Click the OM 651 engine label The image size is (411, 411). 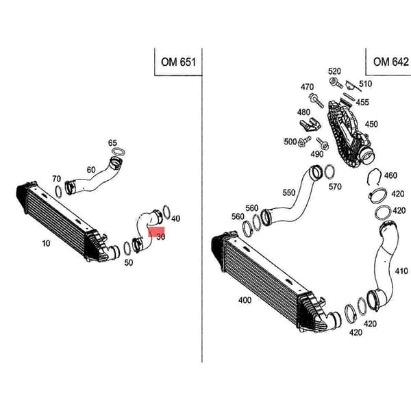click(x=178, y=62)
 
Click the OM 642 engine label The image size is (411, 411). click(x=391, y=62)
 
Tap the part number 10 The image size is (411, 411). click(x=46, y=243)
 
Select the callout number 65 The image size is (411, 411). click(x=112, y=143)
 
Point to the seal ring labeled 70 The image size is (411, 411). click(x=58, y=192)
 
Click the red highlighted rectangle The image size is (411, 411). click(x=156, y=232)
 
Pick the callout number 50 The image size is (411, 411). click(x=129, y=262)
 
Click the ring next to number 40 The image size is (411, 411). click(x=166, y=212)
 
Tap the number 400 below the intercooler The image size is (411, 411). click(x=245, y=300)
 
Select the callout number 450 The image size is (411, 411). click(x=371, y=124)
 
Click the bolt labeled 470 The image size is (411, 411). click(x=316, y=100)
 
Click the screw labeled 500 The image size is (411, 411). click(x=304, y=141)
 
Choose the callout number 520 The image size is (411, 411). click(x=334, y=71)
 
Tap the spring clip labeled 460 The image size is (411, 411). click(x=374, y=177)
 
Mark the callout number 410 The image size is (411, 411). click(x=401, y=271)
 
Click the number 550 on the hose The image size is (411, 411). click(x=288, y=192)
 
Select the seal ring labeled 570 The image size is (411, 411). click(x=329, y=172)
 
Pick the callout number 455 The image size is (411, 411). click(x=362, y=102)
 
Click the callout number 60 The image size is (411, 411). click(x=91, y=170)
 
